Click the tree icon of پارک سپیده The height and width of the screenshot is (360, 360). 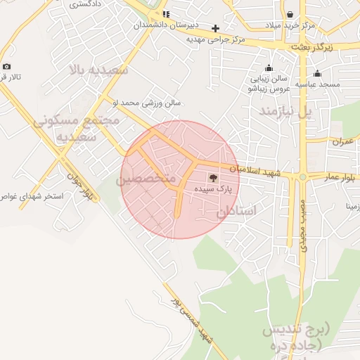point(214,177)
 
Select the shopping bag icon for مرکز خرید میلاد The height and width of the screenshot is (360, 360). point(290,14)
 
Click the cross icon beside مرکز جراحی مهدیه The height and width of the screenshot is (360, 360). point(216,28)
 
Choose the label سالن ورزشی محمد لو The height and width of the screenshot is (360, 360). point(149,103)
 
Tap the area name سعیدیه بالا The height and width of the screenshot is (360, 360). point(98,70)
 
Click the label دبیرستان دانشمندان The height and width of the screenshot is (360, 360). point(165,25)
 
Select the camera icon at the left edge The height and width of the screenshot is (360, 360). point(6,66)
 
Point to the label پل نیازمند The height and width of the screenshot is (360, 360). point(284,111)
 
